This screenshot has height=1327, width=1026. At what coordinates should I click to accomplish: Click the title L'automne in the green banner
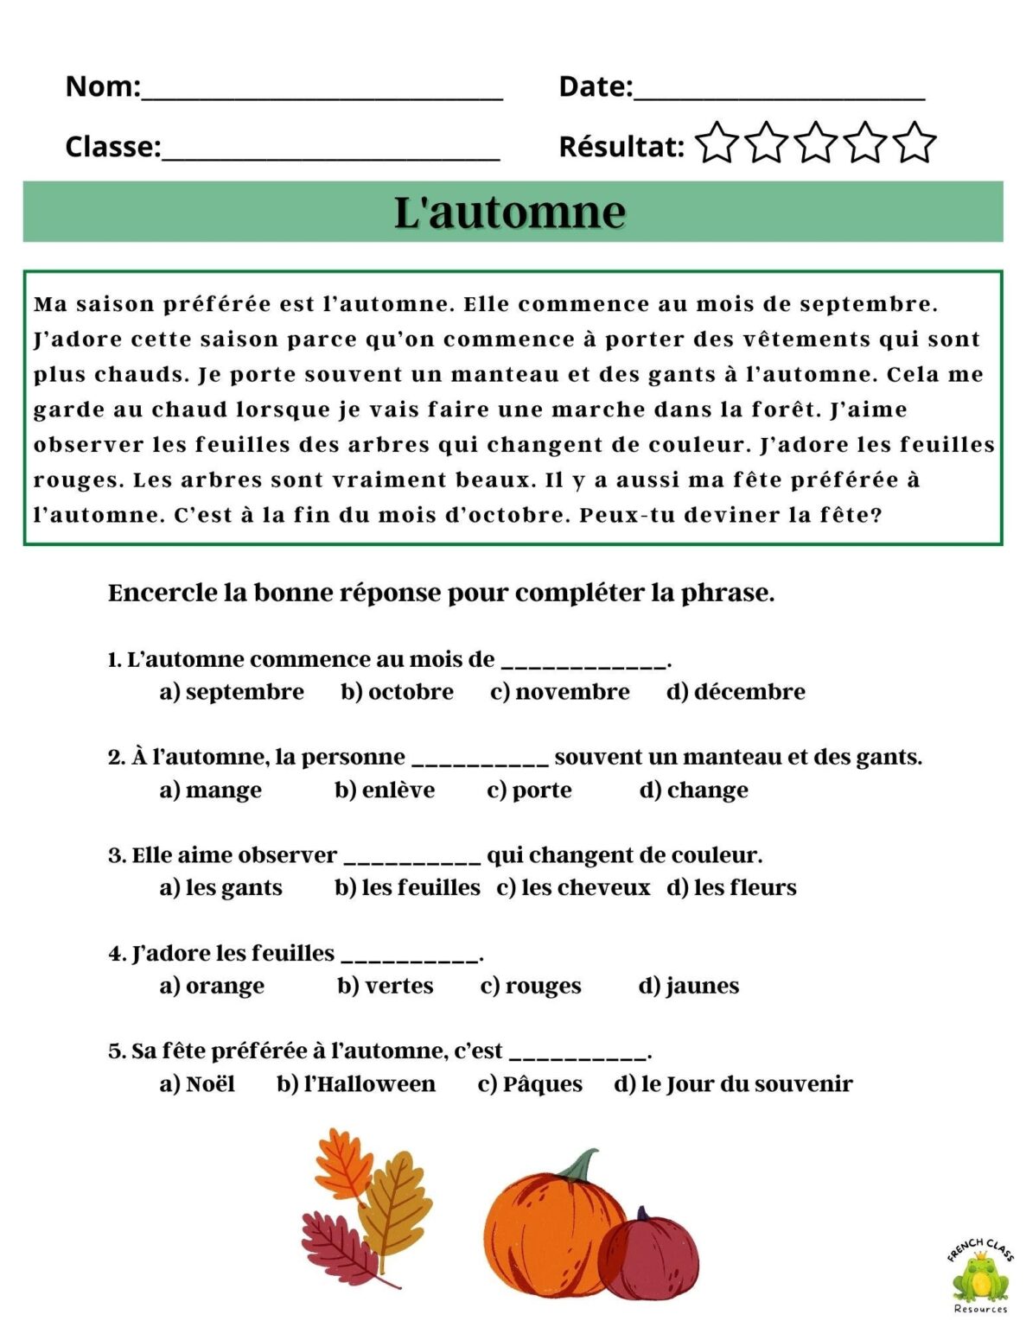pos(510,213)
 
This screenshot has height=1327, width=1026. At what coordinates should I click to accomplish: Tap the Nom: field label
pos(102,86)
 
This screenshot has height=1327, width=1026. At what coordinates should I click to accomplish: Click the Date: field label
pos(596,86)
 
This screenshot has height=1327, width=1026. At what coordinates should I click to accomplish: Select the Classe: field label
pos(112,147)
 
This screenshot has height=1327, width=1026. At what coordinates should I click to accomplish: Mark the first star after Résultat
pos(717,143)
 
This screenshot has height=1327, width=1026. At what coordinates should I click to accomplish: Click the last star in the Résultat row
pos(914,143)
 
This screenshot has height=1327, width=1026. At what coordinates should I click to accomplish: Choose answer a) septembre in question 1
pos(232,692)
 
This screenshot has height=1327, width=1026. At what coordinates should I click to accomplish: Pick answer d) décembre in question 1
pos(736,692)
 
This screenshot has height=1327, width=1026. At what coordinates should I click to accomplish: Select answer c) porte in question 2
pos(529,790)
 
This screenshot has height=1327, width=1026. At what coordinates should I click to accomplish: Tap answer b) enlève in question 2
pos(385,790)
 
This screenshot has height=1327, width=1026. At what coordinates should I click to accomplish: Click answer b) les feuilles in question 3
pos(407,887)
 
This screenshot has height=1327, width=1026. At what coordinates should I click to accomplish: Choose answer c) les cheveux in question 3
pos(573,887)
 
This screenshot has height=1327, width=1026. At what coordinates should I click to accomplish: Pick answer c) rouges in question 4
pos(531,986)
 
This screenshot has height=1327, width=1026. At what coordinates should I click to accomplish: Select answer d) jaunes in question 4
pos(689,986)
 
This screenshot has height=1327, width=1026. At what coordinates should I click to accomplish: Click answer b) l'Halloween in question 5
pos(356,1083)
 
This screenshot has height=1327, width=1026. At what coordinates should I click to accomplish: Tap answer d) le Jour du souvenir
pos(733,1083)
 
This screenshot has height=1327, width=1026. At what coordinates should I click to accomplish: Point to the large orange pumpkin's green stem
pos(581,1165)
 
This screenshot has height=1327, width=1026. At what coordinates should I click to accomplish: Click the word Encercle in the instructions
pos(162,594)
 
